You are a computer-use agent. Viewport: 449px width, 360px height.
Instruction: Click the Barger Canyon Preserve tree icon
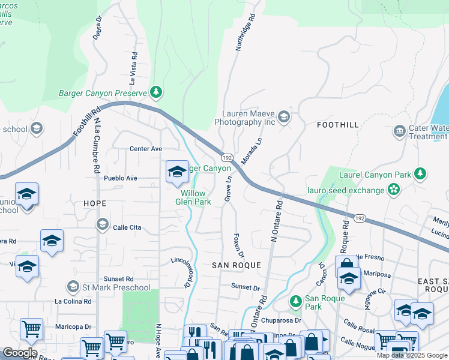pos(156,92)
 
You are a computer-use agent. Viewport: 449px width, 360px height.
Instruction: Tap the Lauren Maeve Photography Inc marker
pos(284,116)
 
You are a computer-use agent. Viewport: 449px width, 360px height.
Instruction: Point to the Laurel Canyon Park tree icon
pos(421,175)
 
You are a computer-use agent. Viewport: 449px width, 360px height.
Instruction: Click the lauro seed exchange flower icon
pos(393,190)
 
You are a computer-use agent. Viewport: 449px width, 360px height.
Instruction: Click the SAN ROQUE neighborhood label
pos(237,265)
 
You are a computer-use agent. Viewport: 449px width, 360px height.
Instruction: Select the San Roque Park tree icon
pos(295,301)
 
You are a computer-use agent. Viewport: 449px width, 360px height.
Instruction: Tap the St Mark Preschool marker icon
pos(73,287)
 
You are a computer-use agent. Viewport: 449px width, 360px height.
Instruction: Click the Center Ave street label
pos(146,149)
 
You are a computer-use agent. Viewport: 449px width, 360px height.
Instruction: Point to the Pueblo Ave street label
pos(120,178)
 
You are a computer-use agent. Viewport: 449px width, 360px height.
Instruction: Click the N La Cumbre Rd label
pos(96,145)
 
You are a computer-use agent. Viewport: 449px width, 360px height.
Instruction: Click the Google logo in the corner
pos(20,353)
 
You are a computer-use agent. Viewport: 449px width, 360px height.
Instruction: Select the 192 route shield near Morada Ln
pos(226,157)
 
